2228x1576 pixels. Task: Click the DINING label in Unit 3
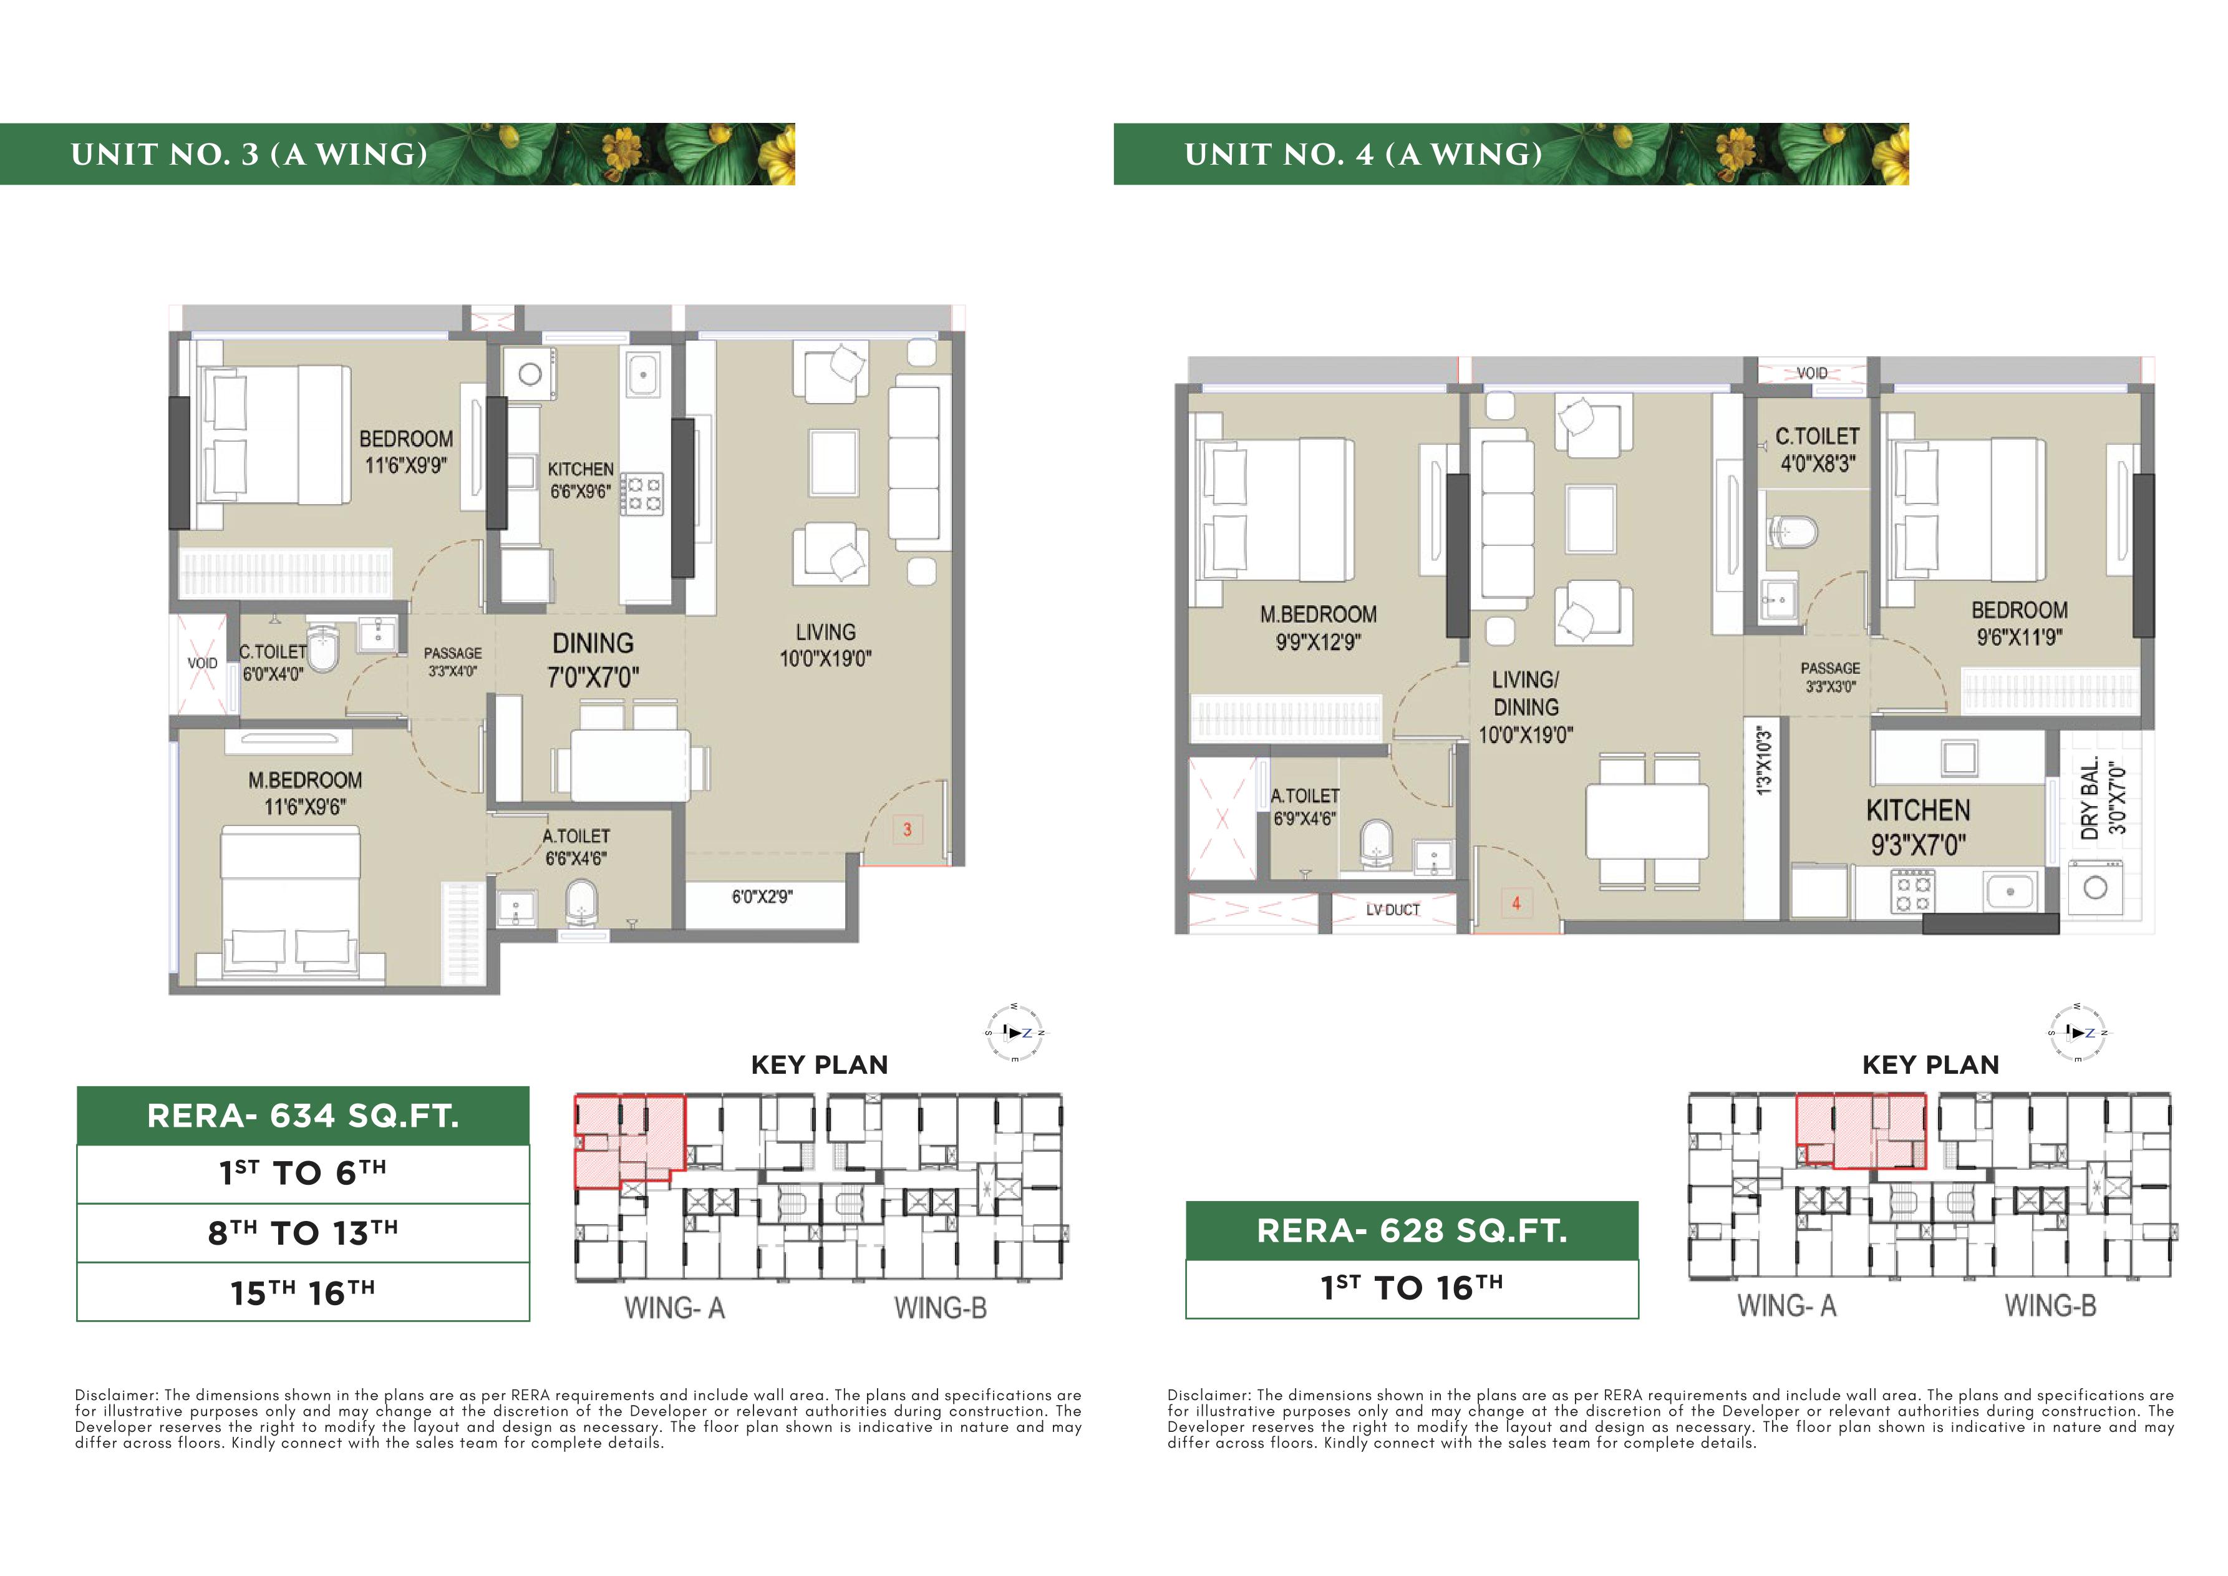pos(593,643)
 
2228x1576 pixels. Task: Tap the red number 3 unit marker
pos(908,830)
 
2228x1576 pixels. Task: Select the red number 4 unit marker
pos(1516,903)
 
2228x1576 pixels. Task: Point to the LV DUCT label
pos(1392,909)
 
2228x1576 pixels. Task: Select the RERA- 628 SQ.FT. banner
pos(1412,1230)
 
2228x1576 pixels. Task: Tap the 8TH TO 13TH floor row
pos(303,1232)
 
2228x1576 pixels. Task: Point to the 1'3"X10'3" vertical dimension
pos(1764,762)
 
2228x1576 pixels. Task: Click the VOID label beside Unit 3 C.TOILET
pos(202,664)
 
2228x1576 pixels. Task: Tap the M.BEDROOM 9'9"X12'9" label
pos(1318,628)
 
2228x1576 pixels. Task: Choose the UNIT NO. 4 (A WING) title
pos(1363,154)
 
